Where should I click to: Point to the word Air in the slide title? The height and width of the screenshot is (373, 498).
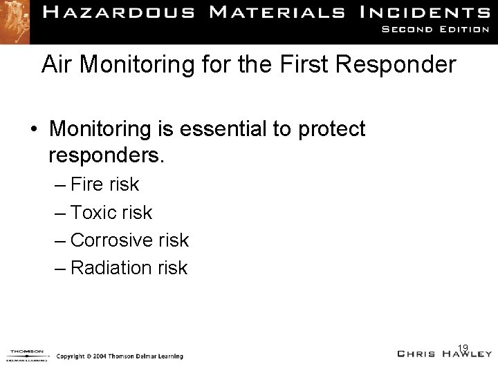click(55, 65)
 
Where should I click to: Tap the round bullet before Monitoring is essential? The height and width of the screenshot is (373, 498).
click(34, 130)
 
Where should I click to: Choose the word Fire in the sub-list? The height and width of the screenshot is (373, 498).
click(86, 184)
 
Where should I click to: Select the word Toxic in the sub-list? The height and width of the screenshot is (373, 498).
click(93, 212)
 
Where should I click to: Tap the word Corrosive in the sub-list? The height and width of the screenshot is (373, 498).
click(113, 240)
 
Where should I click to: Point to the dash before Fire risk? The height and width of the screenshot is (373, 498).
click(59, 184)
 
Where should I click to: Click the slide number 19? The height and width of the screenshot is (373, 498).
click(463, 347)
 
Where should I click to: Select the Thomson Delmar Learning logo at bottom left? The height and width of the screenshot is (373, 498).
click(26, 354)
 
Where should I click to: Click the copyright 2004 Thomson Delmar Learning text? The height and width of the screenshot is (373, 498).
click(120, 356)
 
